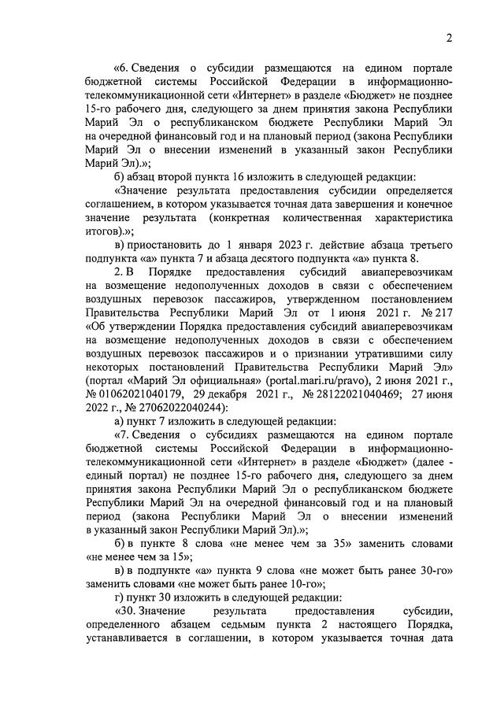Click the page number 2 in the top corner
coord(448,38)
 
